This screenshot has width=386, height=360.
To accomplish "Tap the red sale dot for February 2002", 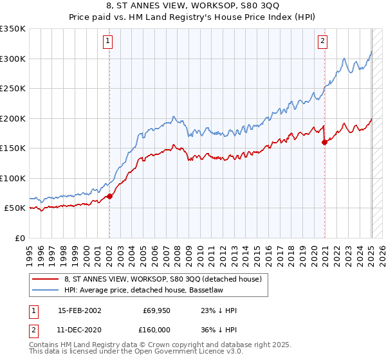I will coord(109,196).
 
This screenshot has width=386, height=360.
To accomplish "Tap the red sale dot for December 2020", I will coord(324,142).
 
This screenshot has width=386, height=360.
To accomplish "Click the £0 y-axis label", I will coord(20,238).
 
